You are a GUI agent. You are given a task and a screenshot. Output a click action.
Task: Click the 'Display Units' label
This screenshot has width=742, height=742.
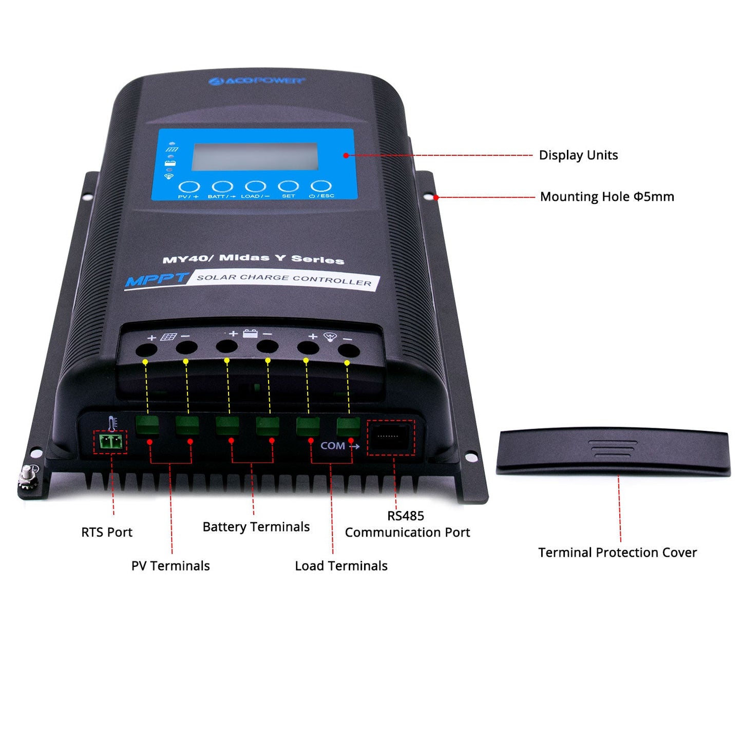click(578, 155)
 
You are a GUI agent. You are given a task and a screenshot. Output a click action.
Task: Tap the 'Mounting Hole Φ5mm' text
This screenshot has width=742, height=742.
click(607, 197)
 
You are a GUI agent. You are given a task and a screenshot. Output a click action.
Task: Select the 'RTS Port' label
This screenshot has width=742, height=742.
click(107, 532)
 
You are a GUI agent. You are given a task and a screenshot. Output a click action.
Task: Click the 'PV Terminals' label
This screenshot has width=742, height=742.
click(170, 566)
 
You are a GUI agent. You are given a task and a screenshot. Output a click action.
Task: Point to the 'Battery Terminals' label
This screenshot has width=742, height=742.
click(256, 527)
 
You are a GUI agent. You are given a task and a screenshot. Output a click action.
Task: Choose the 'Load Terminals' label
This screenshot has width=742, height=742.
click(341, 566)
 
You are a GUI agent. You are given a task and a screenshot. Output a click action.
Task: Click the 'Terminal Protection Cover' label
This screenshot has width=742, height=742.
click(617, 553)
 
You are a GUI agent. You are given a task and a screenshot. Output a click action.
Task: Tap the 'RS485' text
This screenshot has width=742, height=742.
click(406, 516)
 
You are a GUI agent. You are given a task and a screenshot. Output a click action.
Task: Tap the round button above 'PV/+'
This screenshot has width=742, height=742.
click(188, 187)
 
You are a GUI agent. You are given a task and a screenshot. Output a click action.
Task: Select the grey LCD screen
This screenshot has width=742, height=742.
click(255, 157)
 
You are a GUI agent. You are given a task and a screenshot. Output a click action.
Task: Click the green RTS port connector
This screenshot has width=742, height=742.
click(110, 442)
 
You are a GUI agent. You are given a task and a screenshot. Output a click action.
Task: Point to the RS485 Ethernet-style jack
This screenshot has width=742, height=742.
click(391, 437)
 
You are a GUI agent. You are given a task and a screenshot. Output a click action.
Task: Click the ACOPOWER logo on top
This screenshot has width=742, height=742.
click(257, 81)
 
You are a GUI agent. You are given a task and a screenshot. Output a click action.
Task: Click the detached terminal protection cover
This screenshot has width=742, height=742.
click(613, 451)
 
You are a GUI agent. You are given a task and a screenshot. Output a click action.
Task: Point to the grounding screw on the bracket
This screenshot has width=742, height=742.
click(27, 476)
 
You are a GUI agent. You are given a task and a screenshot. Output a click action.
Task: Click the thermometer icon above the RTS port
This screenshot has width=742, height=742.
click(113, 423)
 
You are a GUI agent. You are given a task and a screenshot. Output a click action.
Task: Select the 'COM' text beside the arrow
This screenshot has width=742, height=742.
click(332, 446)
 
